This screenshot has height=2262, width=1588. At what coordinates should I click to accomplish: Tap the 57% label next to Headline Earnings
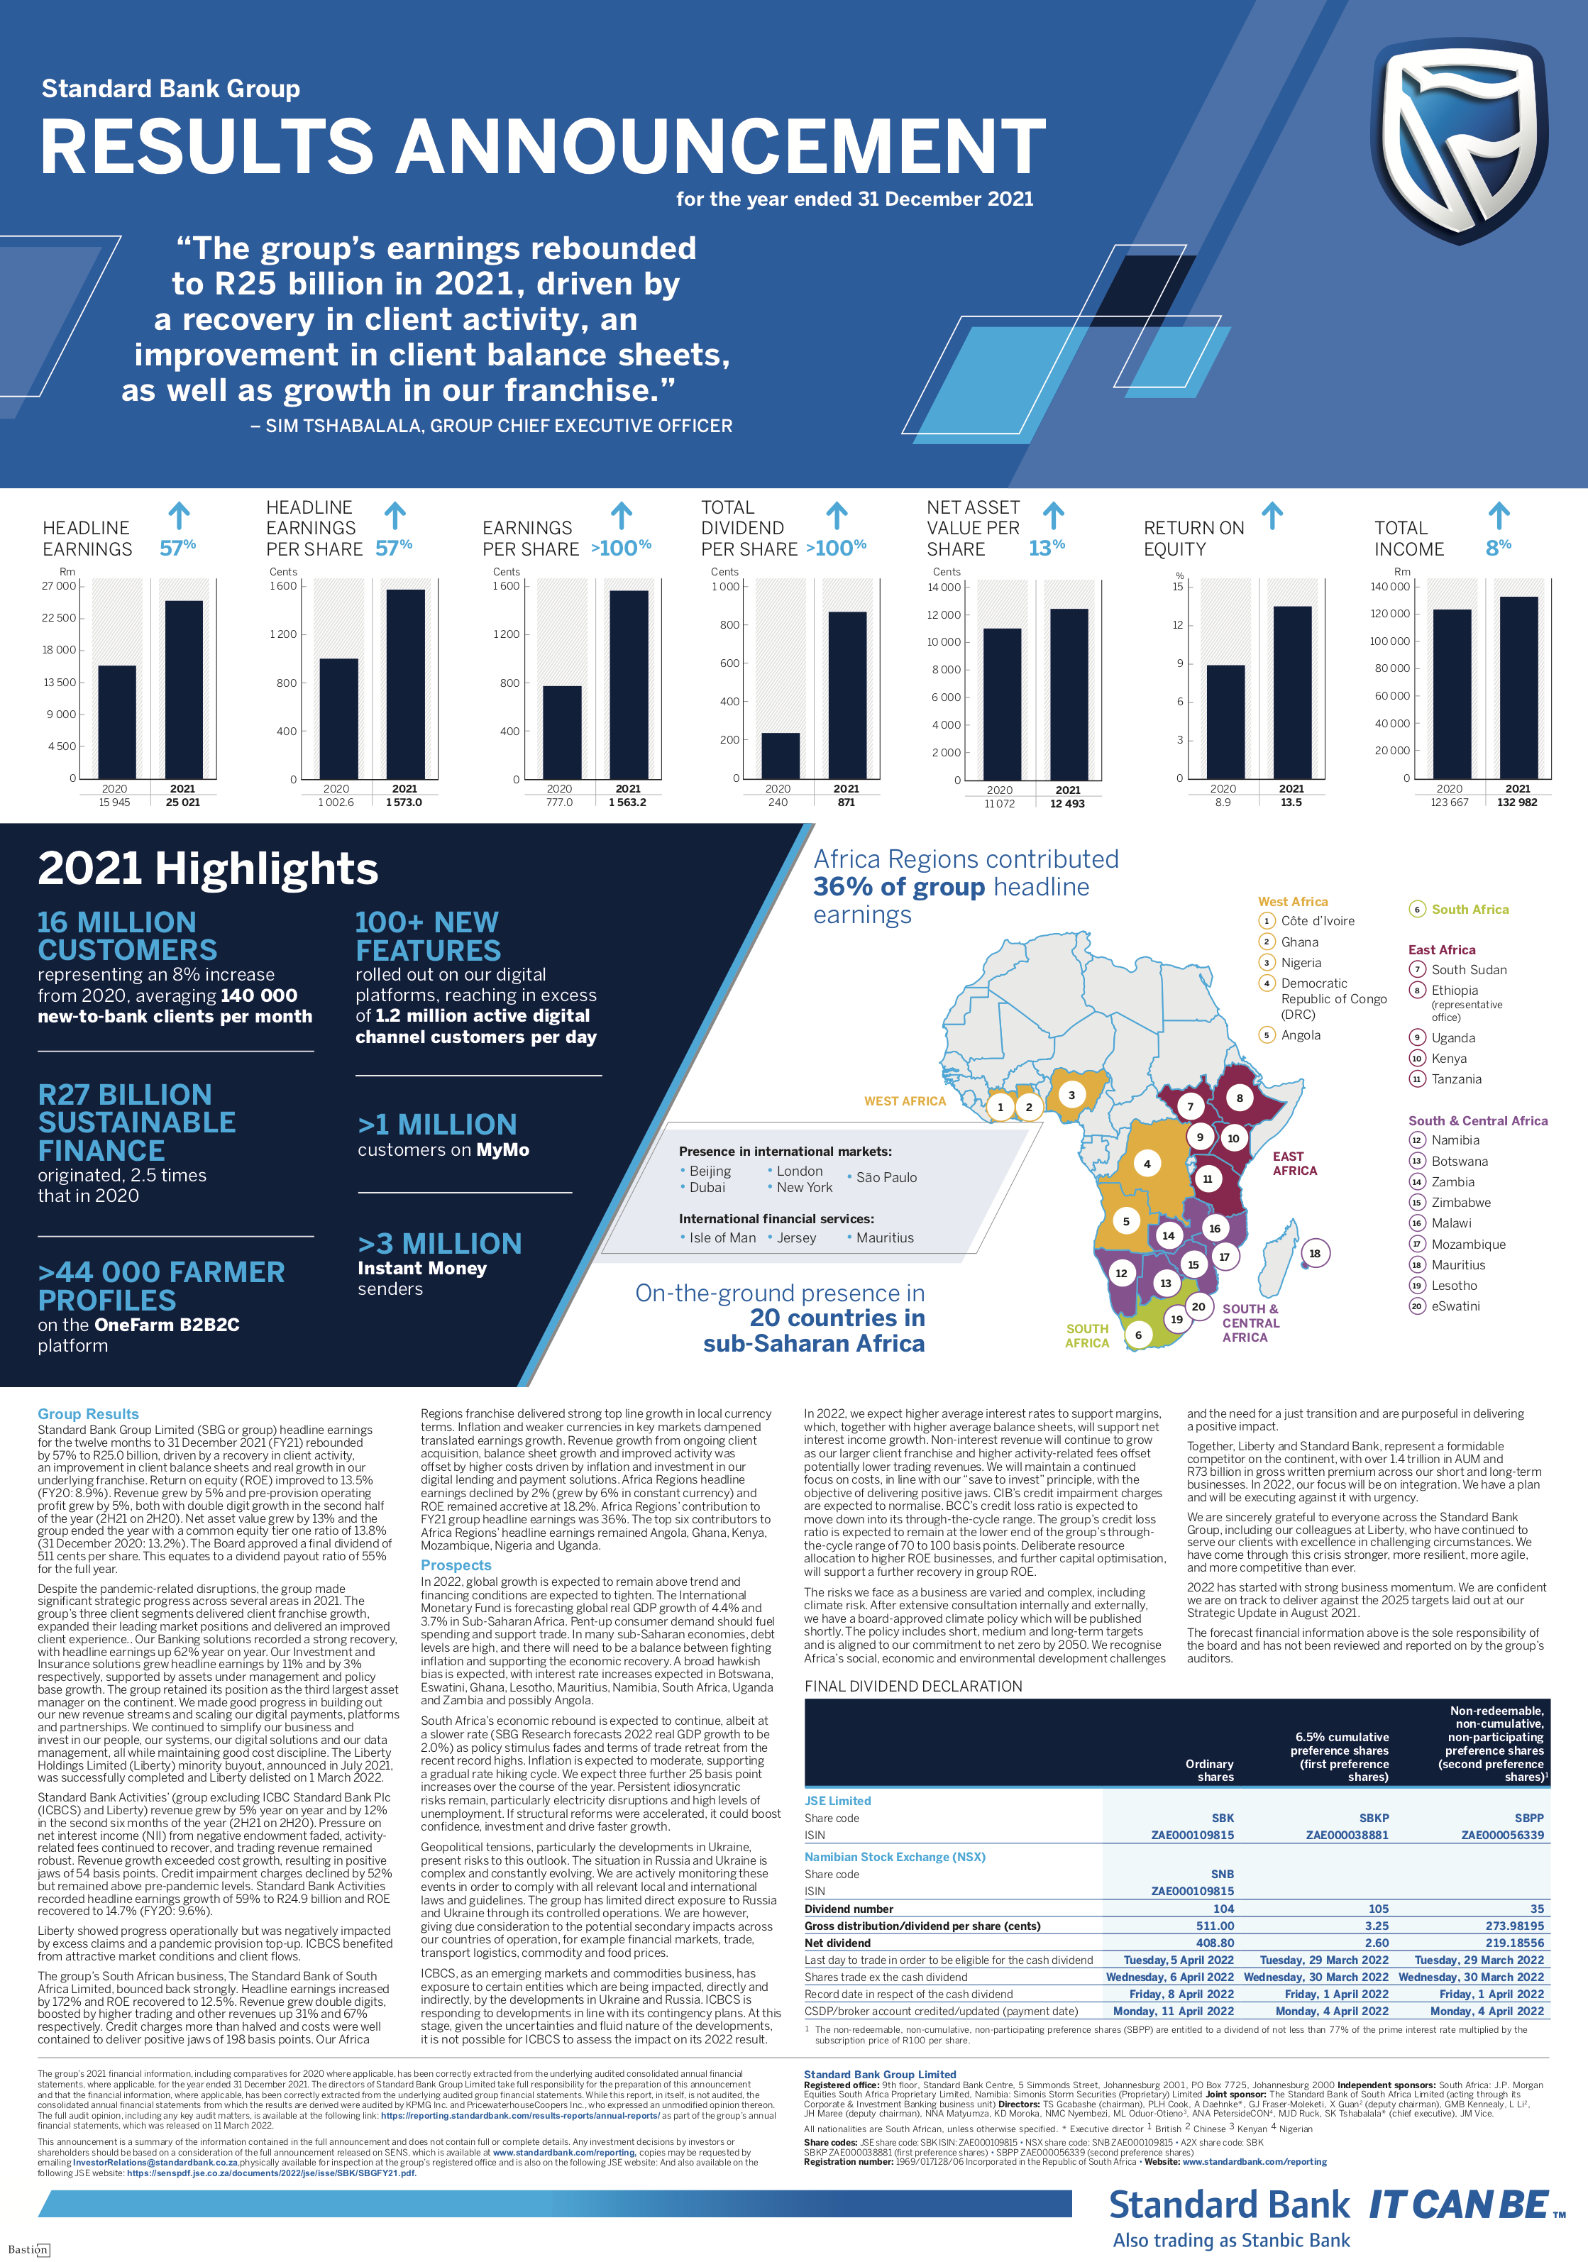pos(178,548)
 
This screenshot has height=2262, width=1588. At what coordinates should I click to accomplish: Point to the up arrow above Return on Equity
pos(1272,515)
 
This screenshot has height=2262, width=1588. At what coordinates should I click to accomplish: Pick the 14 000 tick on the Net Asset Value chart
pos(943,588)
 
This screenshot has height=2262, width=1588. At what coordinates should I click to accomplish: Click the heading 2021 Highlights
pos(208,869)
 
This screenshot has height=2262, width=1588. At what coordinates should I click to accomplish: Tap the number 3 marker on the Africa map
pos(1072,1095)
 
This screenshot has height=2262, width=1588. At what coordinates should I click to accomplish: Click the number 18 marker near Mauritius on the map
pos(1314,1253)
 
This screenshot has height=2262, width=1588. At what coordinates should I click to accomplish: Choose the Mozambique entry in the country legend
pos(1468,1245)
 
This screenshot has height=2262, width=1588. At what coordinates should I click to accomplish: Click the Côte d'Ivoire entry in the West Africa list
pos(1317,921)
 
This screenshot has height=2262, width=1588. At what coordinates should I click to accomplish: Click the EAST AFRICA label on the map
pos(1294,1164)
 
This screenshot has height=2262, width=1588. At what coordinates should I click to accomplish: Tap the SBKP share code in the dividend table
pos(1373,1818)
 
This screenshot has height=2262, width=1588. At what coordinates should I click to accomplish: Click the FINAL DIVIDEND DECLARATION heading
pos(913,1686)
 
